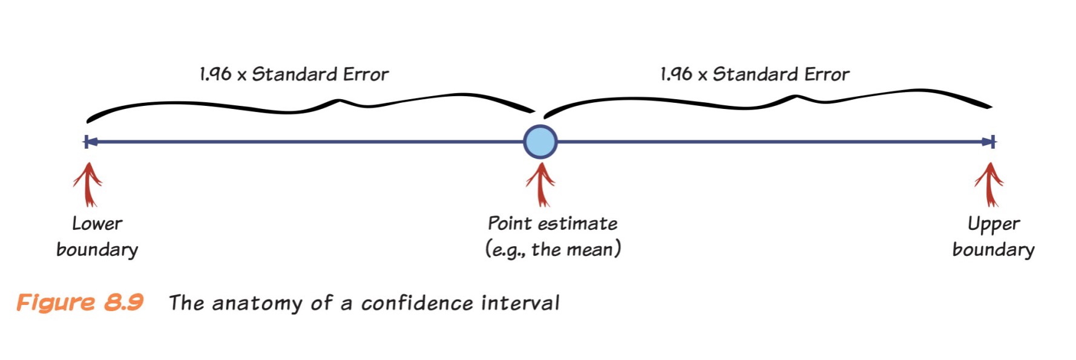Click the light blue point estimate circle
click(x=540, y=142)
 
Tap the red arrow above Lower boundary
click(x=88, y=185)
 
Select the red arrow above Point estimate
click(x=540, y=185)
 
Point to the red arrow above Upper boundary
click(x=989, y=185)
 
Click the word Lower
click(x=97, y=224)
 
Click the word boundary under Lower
click(x=97, y=249)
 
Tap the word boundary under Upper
click(x=993, y=249)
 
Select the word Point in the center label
click(x=510, y=223)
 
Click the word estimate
click(x=578, y=224)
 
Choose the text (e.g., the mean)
click(x=553, y=249)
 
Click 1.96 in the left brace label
click(x=215, y=74)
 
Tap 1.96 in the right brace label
click(x=676, y=74)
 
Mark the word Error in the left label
click(x=366, y=74)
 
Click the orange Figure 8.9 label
click(x=80, y=302)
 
